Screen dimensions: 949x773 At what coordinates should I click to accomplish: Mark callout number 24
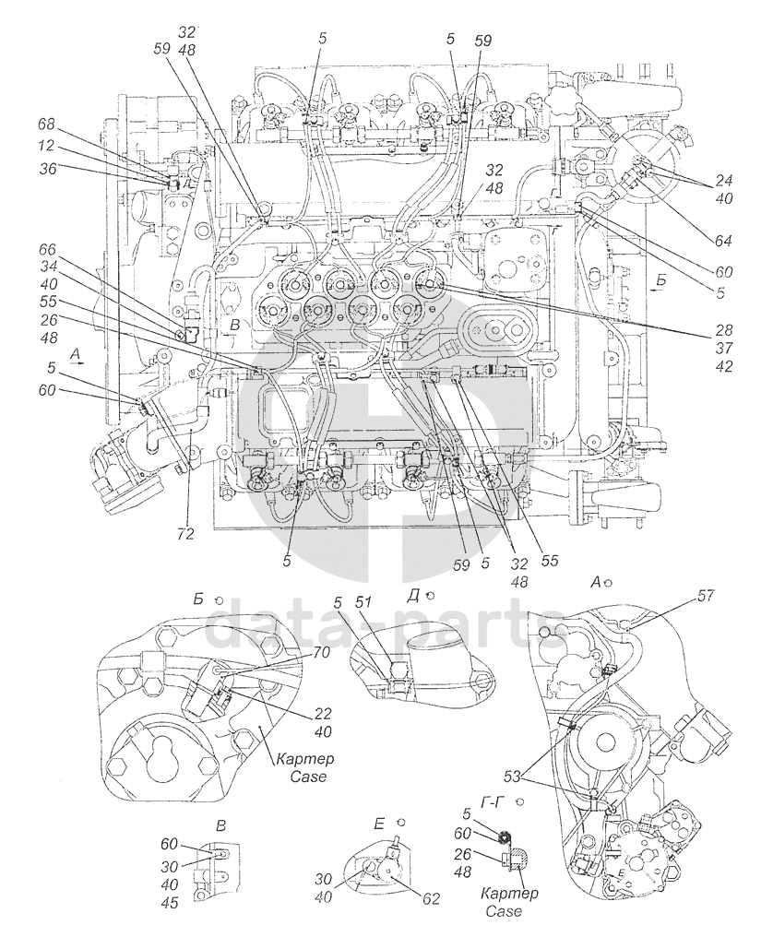(724, 181)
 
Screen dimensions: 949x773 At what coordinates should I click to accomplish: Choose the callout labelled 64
(724, 241)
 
